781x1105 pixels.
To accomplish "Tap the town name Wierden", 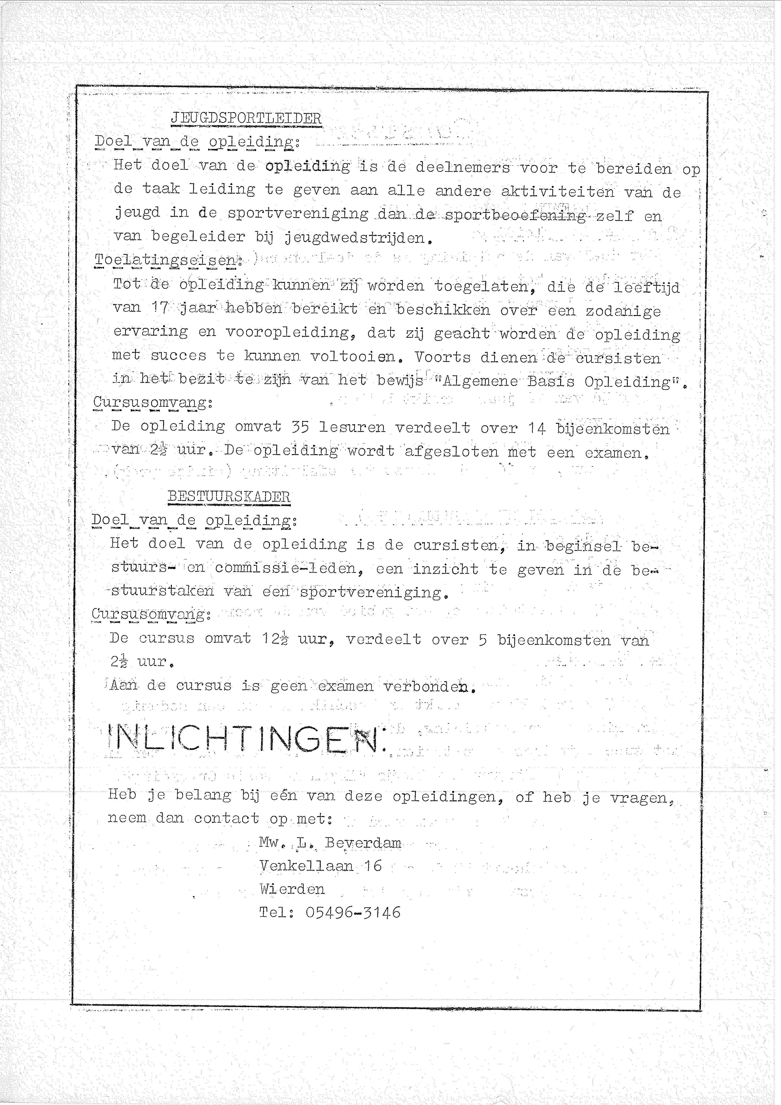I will click(x=292, y=889).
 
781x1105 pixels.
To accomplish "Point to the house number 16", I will click(x=372, y=866).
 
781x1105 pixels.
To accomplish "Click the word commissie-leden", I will click(x=285, y=568).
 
